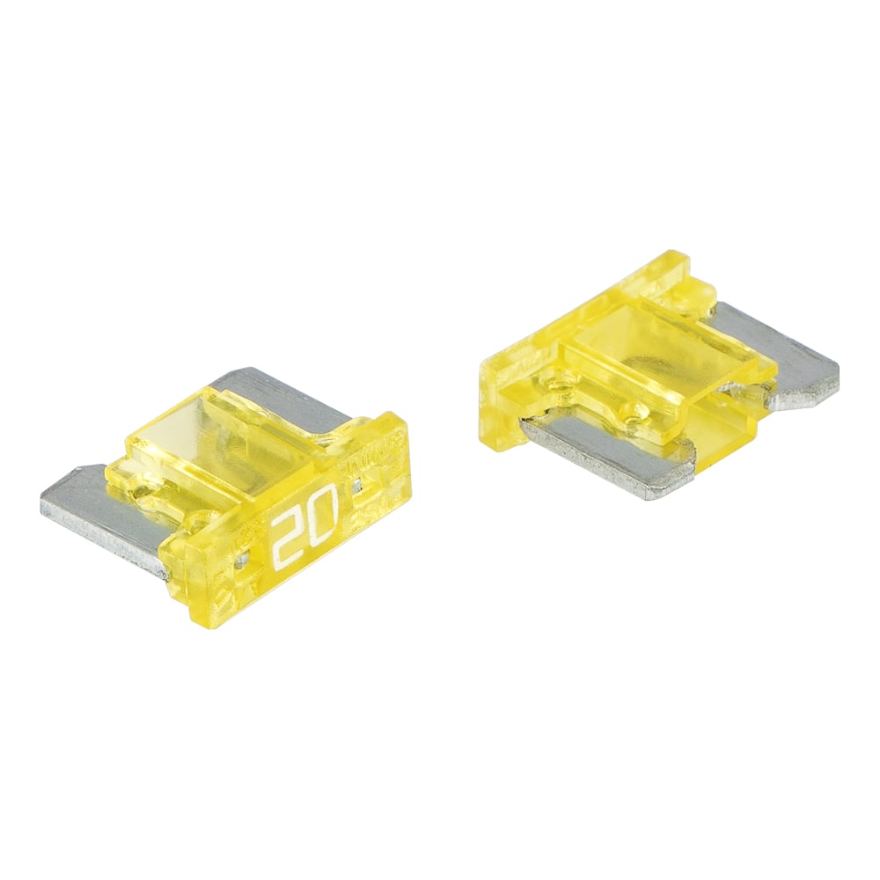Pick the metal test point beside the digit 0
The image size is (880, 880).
357,483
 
